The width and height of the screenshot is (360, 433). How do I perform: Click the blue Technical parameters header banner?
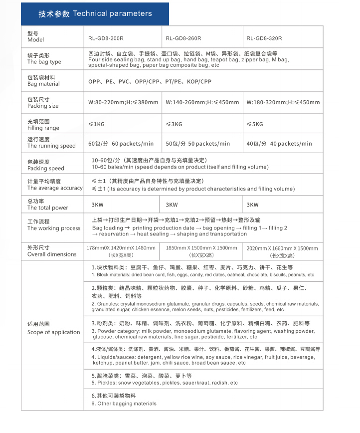click(95, 13)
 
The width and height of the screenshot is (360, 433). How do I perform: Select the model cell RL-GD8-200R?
click(106, 38)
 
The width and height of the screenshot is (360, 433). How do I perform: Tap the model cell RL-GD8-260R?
click(183, 38)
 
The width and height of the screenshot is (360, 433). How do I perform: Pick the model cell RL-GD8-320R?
click(264, 38)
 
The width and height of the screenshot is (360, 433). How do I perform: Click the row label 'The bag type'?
click(44, 62)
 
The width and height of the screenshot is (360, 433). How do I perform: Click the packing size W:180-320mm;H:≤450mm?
click(283, 103)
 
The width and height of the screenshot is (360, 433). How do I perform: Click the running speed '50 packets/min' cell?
click(198, 144)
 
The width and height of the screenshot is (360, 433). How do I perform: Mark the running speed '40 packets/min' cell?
click(279, 144)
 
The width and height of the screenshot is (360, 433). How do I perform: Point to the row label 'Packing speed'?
click(46, 169)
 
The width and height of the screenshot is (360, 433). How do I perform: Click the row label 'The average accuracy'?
click(55, 188)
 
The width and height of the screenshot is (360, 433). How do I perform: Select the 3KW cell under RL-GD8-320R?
click(253, 205)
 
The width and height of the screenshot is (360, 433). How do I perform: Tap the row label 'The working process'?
click(54, 228)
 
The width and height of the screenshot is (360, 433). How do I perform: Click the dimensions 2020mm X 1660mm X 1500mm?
click(282, 248)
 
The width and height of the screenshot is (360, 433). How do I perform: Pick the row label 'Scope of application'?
click(53, 332)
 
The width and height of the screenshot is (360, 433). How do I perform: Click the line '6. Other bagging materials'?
click(124, 404)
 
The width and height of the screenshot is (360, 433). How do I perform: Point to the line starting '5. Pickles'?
click(165, 383)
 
